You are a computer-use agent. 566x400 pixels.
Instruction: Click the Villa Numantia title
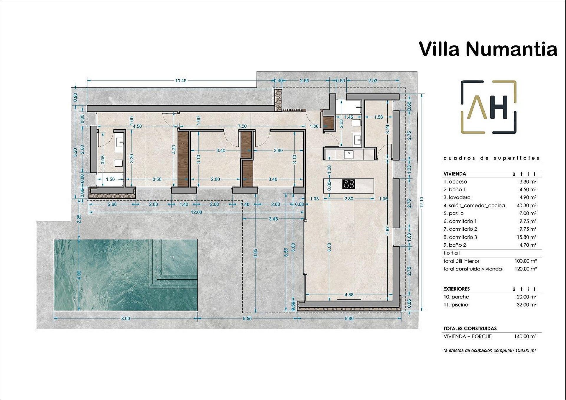(488, 49)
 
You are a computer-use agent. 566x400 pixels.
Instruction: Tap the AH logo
(488, 107)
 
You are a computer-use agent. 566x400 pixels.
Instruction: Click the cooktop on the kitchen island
(349, 184)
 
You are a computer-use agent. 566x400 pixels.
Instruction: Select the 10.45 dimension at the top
(180, 81)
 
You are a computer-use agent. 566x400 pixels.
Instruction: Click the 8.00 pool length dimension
(125, 318)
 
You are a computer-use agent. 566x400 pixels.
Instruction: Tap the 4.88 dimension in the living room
(349, 294)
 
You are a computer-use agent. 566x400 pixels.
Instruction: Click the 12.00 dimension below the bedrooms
(196, 212)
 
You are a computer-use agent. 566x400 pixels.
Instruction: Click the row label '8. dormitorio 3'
(460, 237)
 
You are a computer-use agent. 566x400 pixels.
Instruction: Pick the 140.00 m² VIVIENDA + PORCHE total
(525, 336)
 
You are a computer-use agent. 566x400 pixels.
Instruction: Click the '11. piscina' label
(456, 305)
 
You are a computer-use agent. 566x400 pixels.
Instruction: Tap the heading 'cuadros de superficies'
(491, 158)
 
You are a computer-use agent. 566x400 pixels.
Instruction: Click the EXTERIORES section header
(456, 289)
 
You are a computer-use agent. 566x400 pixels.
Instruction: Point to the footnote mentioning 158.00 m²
(490, 350)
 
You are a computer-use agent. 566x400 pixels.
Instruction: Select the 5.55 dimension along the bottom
(247, 318)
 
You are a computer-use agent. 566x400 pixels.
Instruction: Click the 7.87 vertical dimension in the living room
(387, 231)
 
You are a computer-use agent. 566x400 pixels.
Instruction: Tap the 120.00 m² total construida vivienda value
(525, 269)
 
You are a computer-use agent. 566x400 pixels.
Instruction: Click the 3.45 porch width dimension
(273, 219)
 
